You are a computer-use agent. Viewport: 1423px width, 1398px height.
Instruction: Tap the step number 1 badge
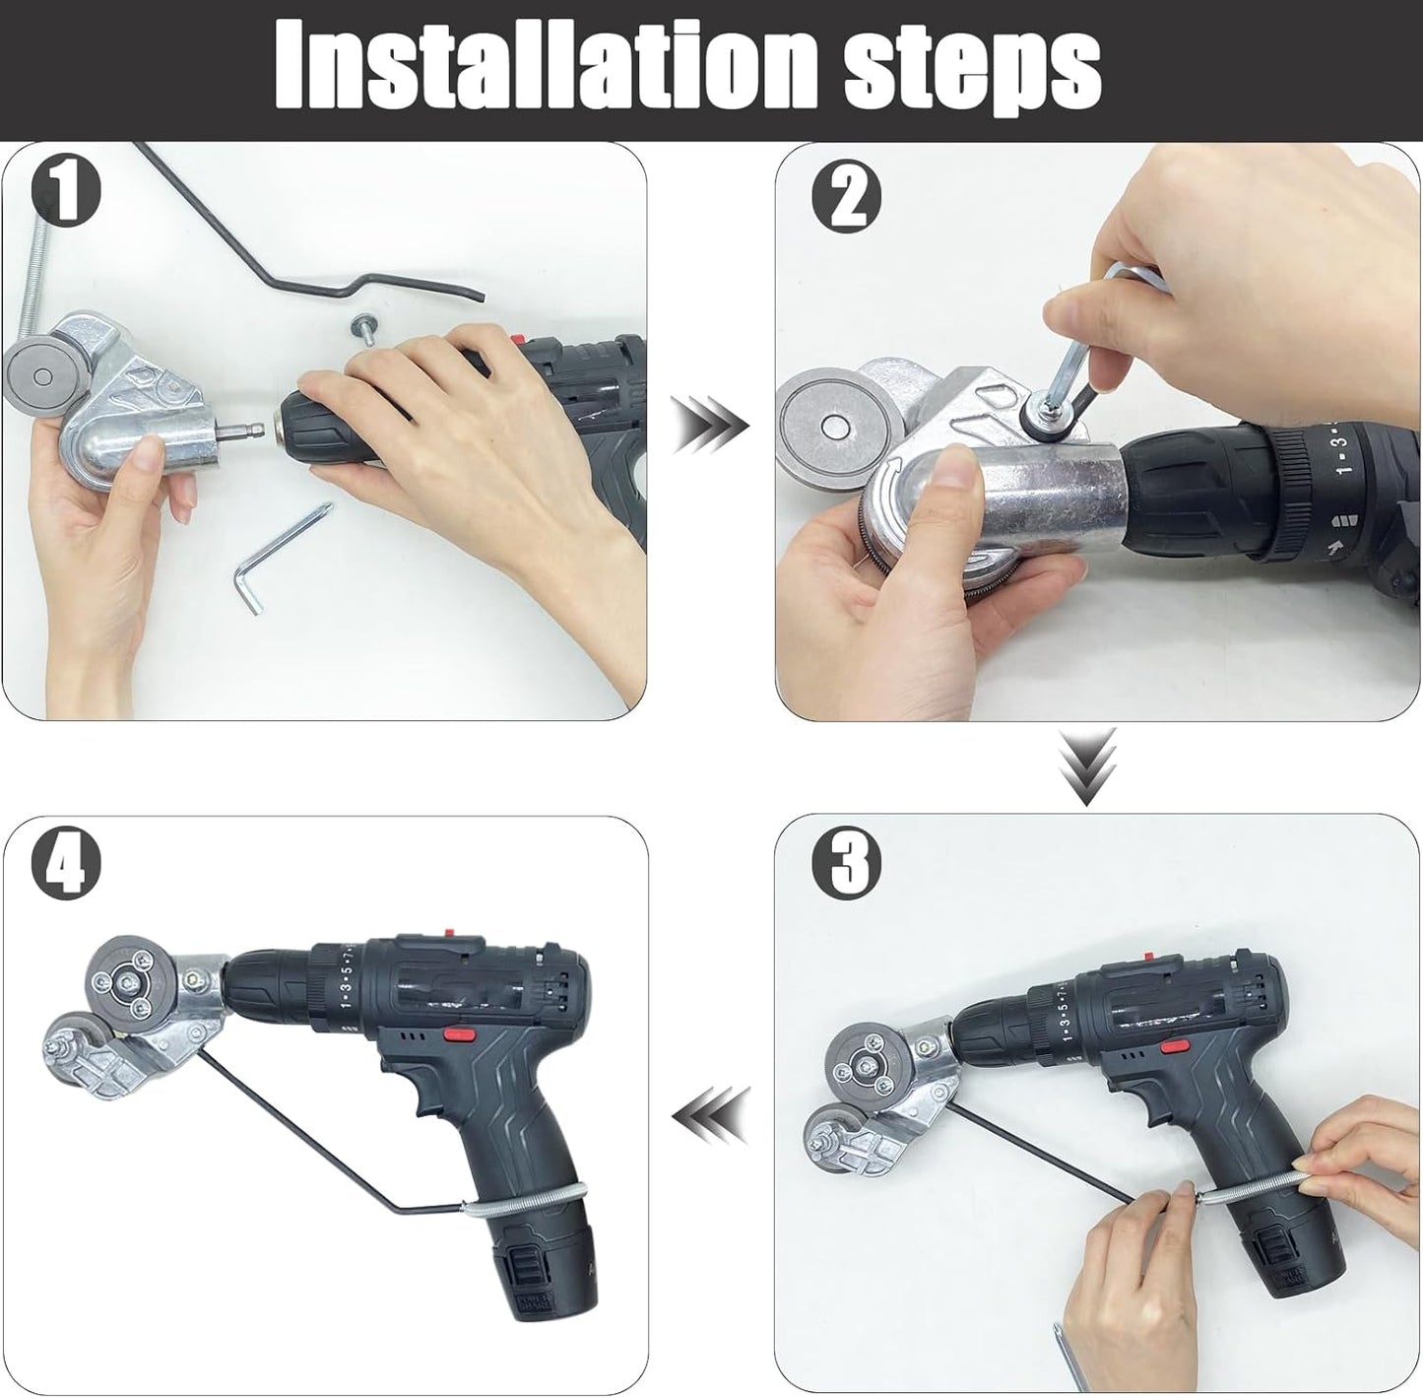pos(66,192)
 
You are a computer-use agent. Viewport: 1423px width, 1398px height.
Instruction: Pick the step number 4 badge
pos(66,863)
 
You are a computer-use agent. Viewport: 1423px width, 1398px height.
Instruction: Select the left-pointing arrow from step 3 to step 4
pos(711,1117)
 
